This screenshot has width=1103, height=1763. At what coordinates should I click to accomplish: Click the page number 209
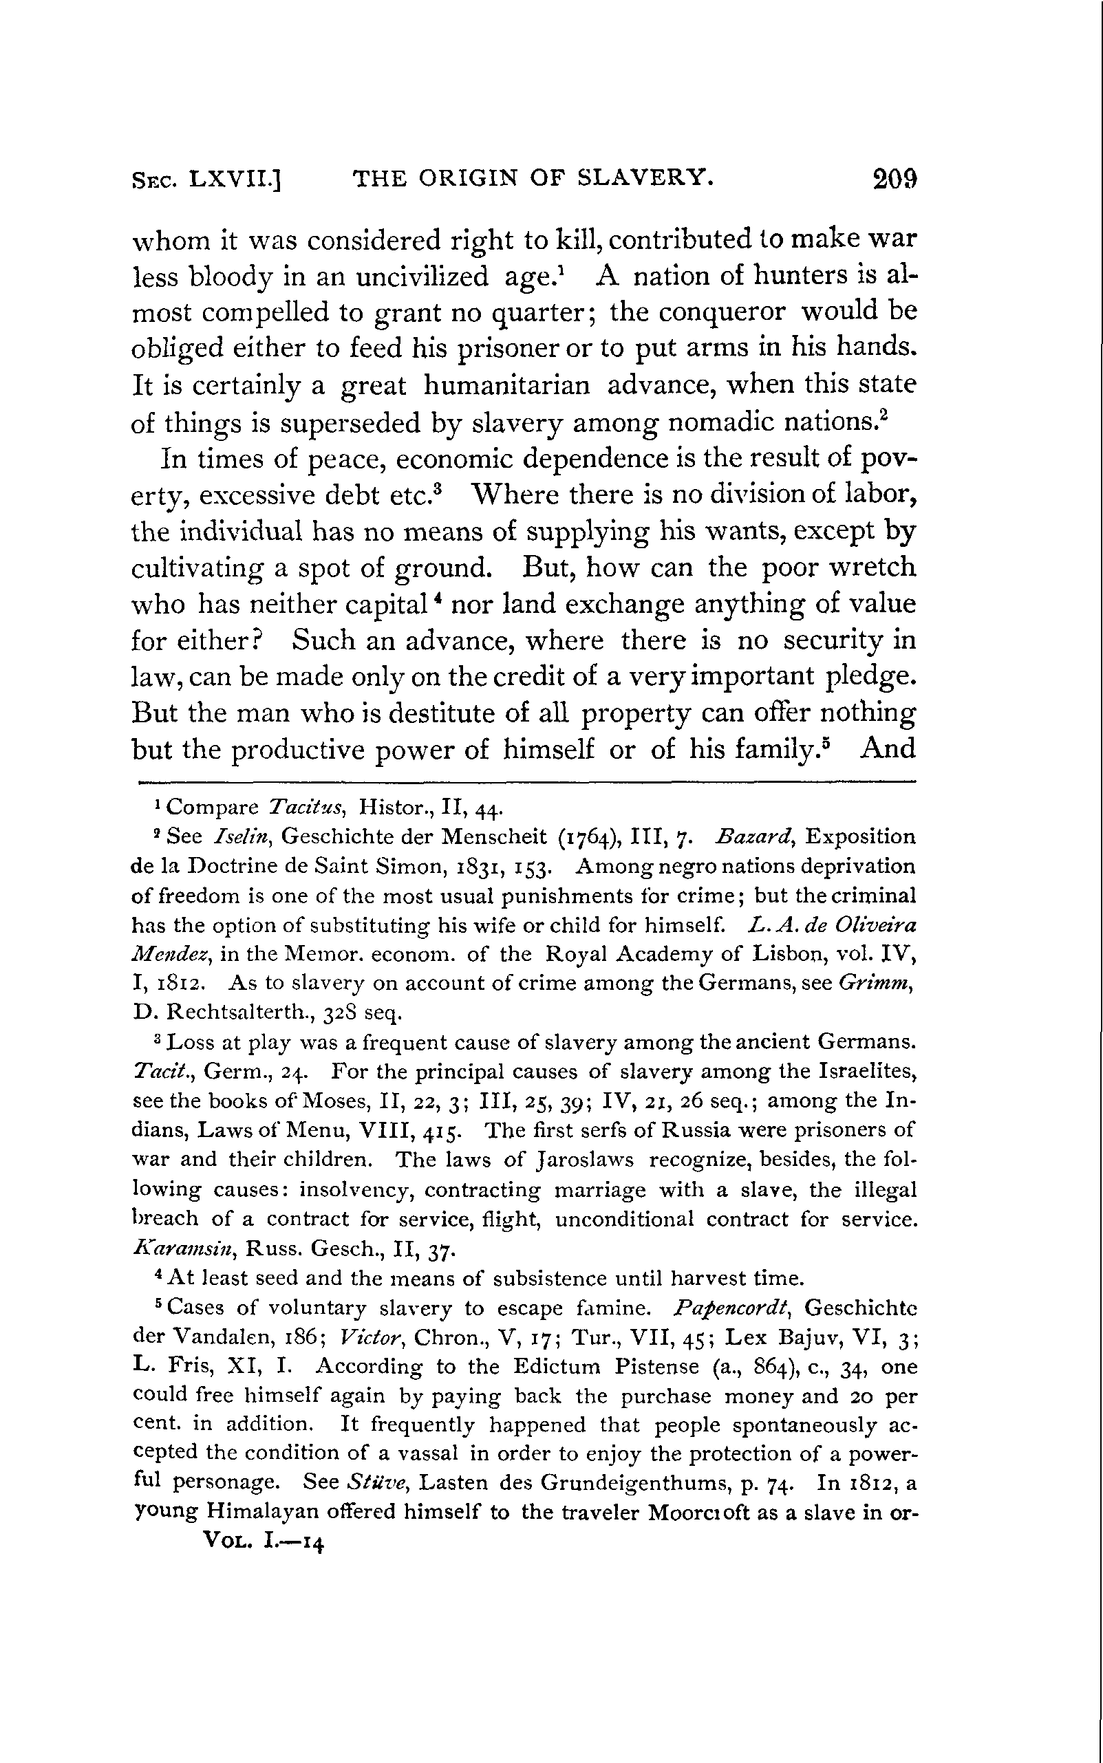pos(895,179)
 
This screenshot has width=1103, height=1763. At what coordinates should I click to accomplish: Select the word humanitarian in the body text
pos(507,385)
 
